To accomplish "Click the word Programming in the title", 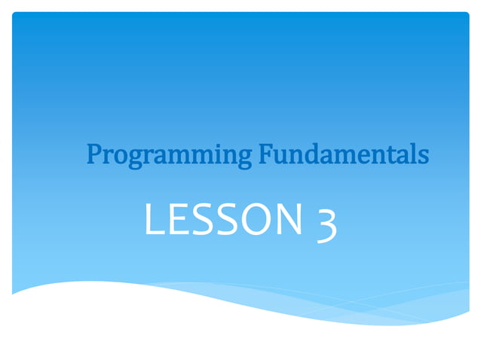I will pos(169,155).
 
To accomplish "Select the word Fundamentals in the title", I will pos(344,154).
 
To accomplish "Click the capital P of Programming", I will pos(94,154).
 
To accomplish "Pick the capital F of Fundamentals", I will pos(265,154).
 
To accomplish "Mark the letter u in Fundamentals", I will pos(279,156).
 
